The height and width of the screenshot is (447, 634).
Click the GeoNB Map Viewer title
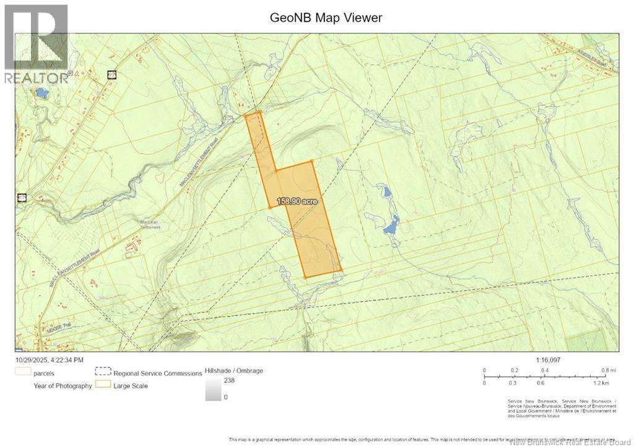tap(326, 17)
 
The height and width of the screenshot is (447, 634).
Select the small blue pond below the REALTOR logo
tap(41, 93)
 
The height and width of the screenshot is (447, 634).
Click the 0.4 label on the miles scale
tap(545, 370)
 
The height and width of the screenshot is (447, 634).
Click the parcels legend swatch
tap(24, 373)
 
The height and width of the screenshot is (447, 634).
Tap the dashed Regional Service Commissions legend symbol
tap(102, 373)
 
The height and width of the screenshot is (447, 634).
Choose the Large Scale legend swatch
tap(102, 385)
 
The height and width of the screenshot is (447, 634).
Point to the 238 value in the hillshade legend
tap(229, 381)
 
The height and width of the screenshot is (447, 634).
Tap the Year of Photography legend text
tap(63, 386)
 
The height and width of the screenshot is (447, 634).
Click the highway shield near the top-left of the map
tap(111, 75)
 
